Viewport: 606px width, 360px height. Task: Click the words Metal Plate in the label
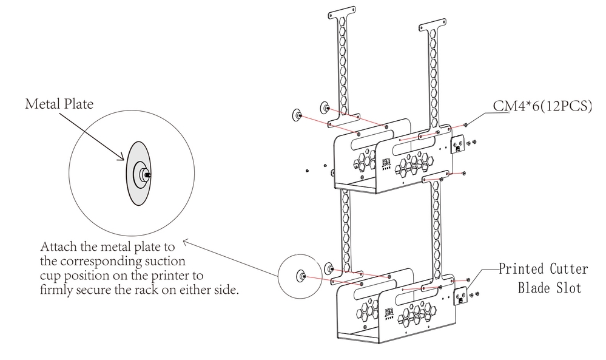pyautogui.click(x=59, y=104)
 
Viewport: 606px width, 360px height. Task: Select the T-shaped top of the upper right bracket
pyautogui.click(x=434, y=28)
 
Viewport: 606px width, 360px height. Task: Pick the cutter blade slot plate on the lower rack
pyautogui.click(x=463, y=296)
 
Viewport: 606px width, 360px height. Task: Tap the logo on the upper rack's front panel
pyautogui.click(x=386, y=165)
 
